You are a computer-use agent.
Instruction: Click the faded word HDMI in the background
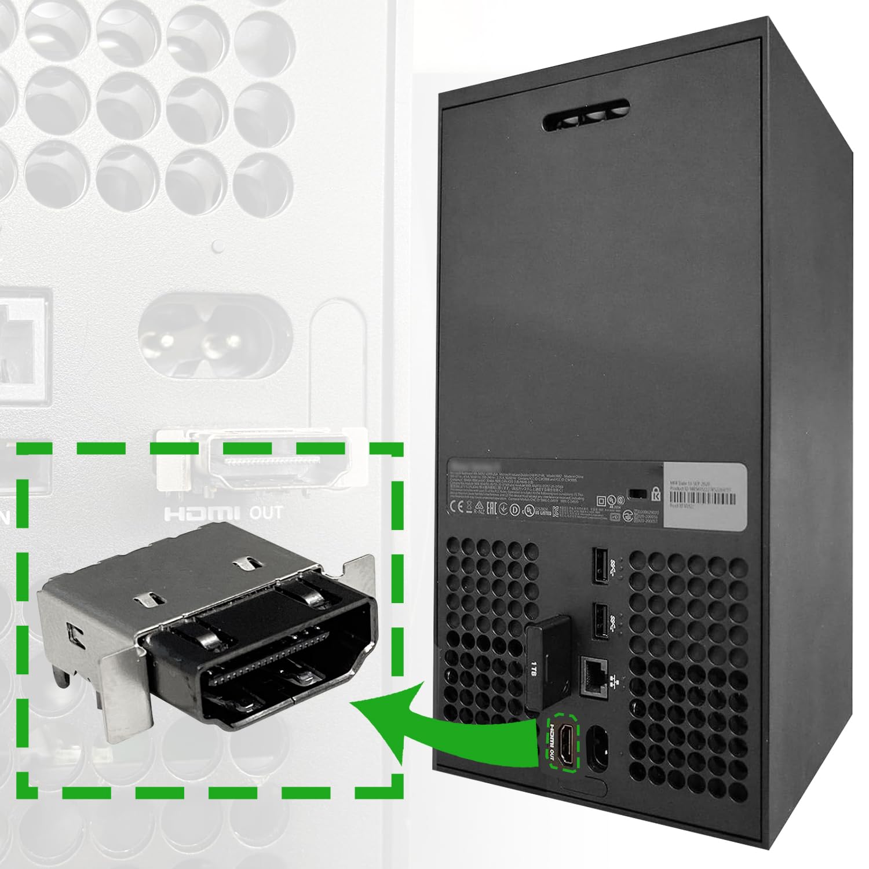point(201,513)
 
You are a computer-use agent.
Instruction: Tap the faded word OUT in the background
point(266,513)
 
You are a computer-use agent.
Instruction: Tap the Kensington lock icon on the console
point(656,494)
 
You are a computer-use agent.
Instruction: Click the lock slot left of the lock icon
point(638,494)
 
